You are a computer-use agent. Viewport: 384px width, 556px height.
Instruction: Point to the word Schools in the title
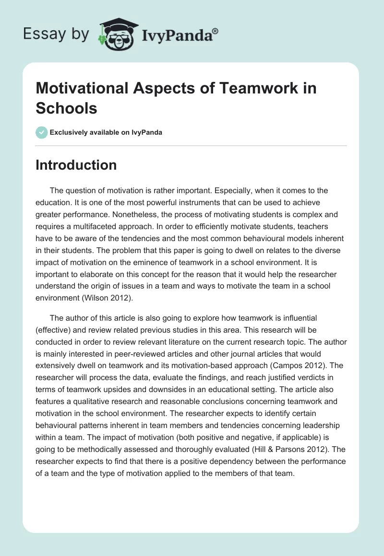(66, 108)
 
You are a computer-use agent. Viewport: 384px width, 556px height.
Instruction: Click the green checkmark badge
(42, 132)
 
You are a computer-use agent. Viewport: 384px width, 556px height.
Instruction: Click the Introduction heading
(76, 165)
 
